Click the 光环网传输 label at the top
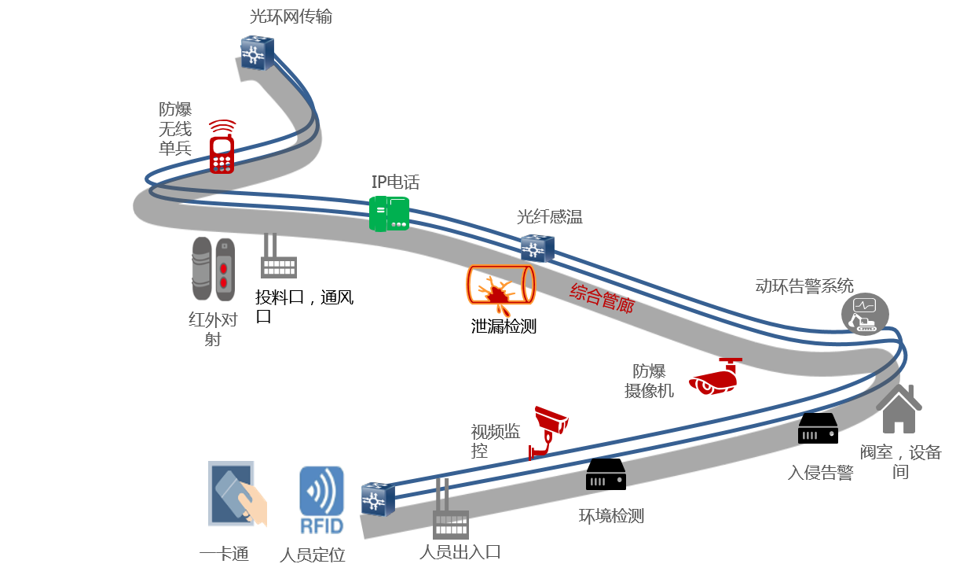[291, 17]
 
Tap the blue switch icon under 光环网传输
[257, 53]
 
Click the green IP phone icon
[389, 213]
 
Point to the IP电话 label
[395, 182]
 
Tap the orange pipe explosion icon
[500, 288]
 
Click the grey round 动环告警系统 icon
[865, 313]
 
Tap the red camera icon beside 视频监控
[548, 429]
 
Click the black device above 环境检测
[606, 474]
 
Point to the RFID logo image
[320, 499]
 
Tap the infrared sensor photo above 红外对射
[213, 269]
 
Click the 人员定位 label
[312, 555]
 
